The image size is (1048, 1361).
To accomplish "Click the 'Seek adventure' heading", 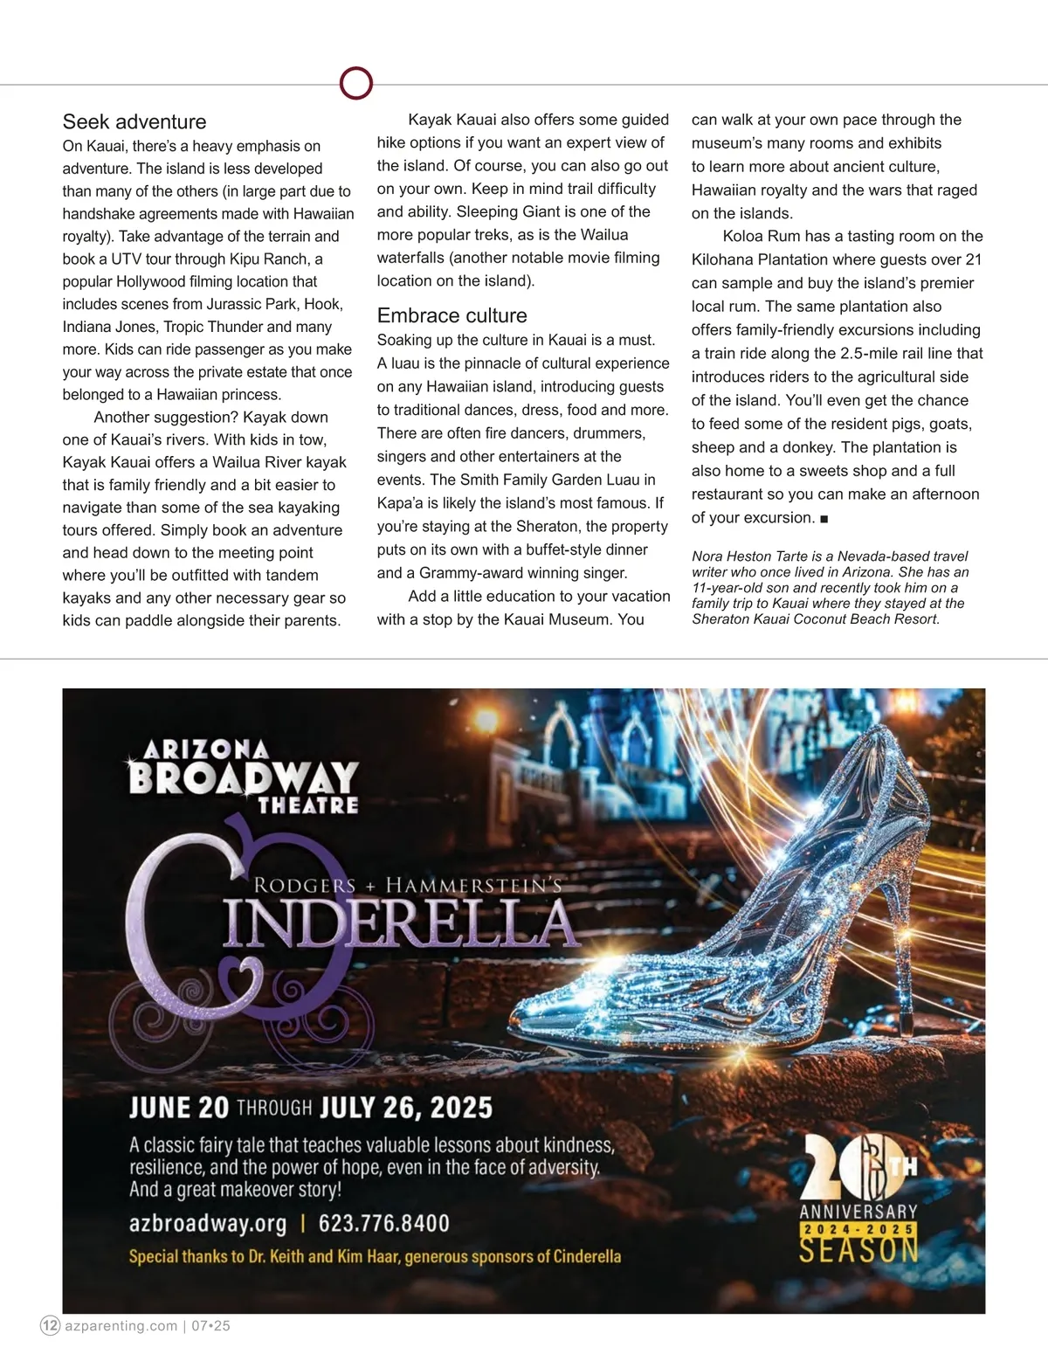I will tap(134, 122).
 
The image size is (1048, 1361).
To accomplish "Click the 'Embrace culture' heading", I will tap(452, 315).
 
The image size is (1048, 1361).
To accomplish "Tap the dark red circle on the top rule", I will tap(355, 84).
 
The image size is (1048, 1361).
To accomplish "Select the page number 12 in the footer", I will tap(51, 1325).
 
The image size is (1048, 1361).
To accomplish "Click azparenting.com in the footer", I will tap(121, 1325).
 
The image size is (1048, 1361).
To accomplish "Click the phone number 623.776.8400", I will tap(384, 1223).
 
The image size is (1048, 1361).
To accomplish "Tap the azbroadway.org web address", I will tap(208, 1223).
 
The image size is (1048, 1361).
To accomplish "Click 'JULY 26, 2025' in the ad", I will tap(406, 1108).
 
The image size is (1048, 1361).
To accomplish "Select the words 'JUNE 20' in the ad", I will tap(178, 1108).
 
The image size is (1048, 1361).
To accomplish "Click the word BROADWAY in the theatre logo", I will tap(244, 777).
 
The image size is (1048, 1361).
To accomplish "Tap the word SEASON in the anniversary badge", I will tap(858, 1250).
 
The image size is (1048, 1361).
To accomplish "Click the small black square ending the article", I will tap(824, 518).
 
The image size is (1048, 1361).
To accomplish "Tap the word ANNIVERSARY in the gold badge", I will tap(858, 1211).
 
